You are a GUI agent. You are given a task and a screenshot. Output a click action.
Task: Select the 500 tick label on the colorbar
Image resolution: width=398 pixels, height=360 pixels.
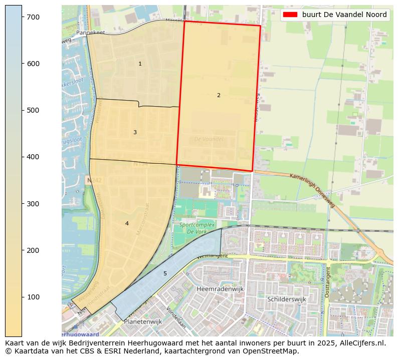coord(33,110)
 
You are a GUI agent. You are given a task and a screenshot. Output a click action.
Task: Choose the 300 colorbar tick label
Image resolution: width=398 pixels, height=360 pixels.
coord(33,204)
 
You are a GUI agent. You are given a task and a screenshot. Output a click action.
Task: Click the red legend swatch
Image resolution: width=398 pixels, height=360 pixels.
coord(290,15)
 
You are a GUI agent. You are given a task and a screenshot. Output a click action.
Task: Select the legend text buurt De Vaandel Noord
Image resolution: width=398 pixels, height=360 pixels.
coord(344,15)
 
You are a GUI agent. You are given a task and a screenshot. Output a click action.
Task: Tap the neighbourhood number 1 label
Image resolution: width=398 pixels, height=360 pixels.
coord(140,64)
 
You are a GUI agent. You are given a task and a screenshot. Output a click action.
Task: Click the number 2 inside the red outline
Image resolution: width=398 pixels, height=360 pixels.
coord(219,95)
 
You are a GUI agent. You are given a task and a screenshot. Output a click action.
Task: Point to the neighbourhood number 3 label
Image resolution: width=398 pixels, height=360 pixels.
coord(135,132)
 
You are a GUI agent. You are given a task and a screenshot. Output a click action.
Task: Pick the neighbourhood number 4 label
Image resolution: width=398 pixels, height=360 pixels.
coord(127,223)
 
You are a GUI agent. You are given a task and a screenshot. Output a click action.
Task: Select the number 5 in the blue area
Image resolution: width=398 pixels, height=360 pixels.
coord(165,273)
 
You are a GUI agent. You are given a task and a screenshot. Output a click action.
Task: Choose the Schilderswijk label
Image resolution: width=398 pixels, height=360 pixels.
coord(286,299)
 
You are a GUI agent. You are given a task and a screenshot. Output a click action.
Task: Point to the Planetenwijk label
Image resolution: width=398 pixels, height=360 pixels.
coord(143,322)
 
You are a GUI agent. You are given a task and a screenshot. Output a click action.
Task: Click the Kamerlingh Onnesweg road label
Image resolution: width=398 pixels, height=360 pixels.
coord(311,189)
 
